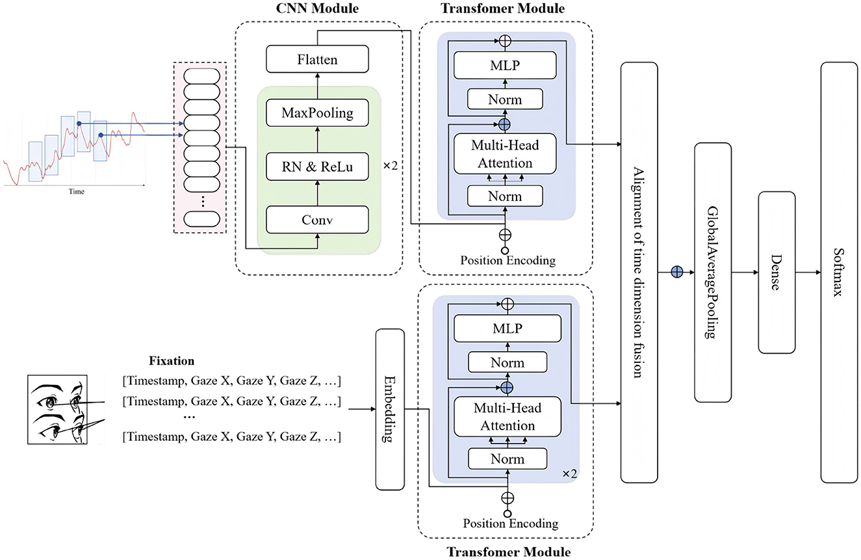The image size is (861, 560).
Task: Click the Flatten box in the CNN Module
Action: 317,60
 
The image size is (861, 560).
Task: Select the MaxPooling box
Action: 317,113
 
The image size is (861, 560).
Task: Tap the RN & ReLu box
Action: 317,166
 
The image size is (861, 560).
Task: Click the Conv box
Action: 317,219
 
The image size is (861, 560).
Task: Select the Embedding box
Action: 390,409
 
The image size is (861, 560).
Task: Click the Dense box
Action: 777,272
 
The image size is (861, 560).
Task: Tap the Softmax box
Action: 838,272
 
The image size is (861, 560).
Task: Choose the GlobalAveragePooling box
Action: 713,272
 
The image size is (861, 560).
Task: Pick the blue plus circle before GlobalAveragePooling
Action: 676,272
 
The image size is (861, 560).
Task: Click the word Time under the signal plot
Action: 76,192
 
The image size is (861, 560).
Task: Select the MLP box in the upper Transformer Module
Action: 506,64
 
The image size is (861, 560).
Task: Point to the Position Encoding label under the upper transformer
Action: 508,261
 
